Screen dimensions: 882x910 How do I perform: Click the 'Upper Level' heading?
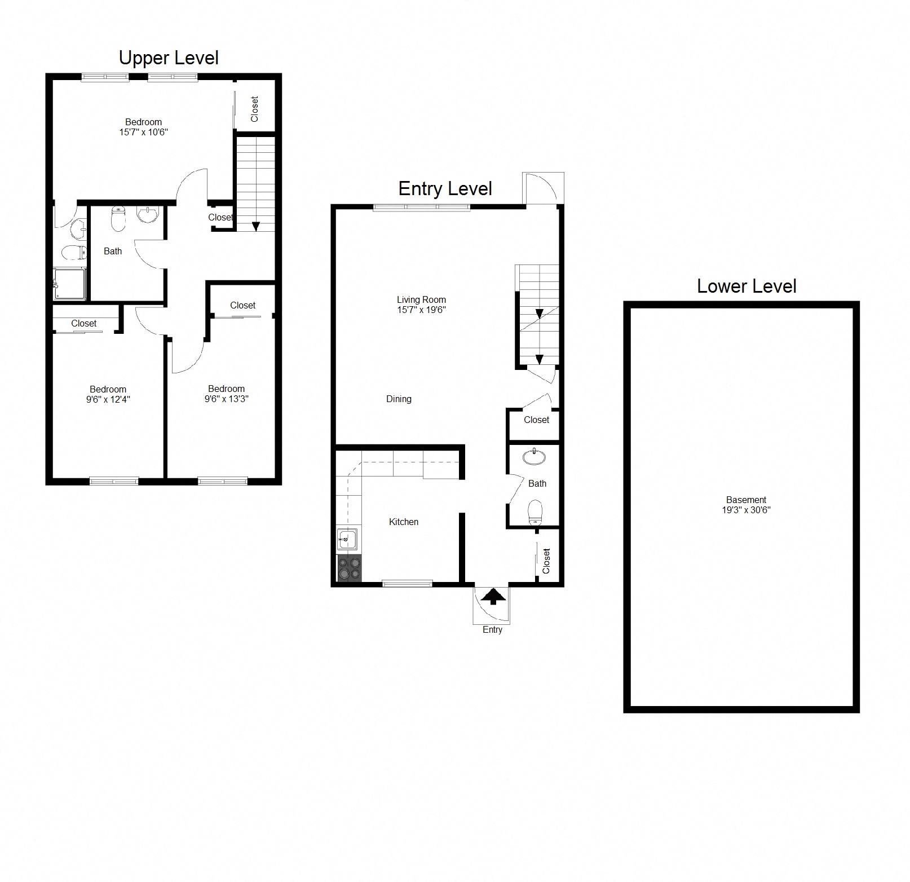(x=169, y=58)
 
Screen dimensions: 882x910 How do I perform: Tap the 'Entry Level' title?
(x=445, y=189)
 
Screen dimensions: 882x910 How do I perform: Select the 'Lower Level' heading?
(x=746, y=286)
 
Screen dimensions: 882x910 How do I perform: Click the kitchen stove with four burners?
(x=350, y=567)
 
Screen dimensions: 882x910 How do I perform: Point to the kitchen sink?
(x=347, y=539)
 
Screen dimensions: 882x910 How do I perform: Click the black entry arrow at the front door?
(x=493, y=596)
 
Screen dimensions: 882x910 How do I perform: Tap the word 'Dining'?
(x=399, y=399)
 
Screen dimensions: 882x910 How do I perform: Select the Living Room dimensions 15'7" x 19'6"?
(x=421, y=310)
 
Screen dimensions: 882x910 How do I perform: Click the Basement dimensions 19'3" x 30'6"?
(x=746, y=510)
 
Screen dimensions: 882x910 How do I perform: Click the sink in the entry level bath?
(x=534, y=456)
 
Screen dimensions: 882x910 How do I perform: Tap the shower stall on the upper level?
(x=70, y=284)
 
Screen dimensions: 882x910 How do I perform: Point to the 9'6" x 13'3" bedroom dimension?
(x=226, y=399)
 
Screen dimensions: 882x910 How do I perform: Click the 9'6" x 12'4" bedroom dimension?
(x=108, y=399)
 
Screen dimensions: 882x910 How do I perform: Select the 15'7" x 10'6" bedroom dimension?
(x=143, y=133)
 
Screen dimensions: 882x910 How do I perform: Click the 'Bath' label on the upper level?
(x=113, y=252)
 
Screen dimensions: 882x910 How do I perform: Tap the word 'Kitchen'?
(x=404, y=522)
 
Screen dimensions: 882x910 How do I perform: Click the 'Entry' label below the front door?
(x=492, y=630)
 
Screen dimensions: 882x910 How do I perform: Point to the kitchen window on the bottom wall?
(x=407, y=584)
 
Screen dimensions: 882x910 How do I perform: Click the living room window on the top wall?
(x=421, y=208)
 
